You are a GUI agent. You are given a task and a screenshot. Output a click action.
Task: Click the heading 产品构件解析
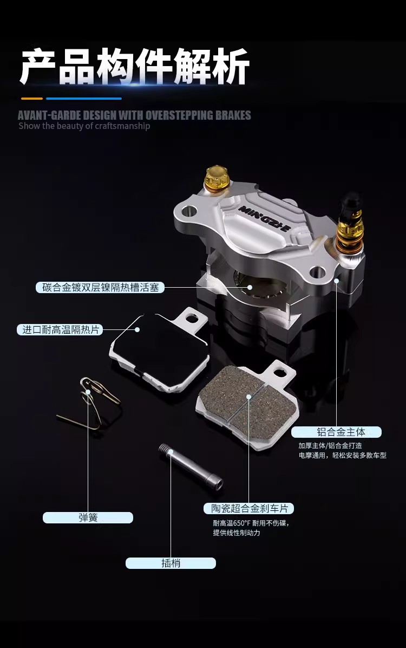(135, 67)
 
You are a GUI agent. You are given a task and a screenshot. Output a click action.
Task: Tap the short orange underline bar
(32, 99)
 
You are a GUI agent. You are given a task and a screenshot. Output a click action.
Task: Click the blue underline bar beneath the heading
(84, 99)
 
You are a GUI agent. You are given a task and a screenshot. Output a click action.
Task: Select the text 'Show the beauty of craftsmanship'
(84, 126)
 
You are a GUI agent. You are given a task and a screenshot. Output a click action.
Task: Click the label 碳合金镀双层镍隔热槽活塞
(100, 287)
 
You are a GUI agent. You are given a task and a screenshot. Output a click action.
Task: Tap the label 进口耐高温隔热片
(60, 329)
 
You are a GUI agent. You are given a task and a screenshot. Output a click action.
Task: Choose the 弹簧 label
(88, 517)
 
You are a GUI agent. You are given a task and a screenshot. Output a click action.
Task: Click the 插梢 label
(171, 563)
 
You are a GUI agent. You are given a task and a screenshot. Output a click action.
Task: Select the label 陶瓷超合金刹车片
(248, 508)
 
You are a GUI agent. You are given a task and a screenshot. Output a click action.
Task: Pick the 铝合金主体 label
(336, 432)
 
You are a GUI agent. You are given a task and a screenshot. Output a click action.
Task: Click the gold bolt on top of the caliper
(218, 179)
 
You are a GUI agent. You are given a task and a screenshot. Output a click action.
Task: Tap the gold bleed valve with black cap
(351, 224)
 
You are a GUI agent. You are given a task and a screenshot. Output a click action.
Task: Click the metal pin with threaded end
(191, 467)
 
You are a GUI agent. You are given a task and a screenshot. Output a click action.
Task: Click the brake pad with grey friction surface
(248, 403)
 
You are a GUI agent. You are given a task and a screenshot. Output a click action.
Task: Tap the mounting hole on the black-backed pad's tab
(191, 319)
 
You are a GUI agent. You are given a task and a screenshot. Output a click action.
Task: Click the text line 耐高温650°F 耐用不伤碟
(251, 523)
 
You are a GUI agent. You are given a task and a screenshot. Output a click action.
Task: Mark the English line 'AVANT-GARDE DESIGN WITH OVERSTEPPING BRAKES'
(134, 115)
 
